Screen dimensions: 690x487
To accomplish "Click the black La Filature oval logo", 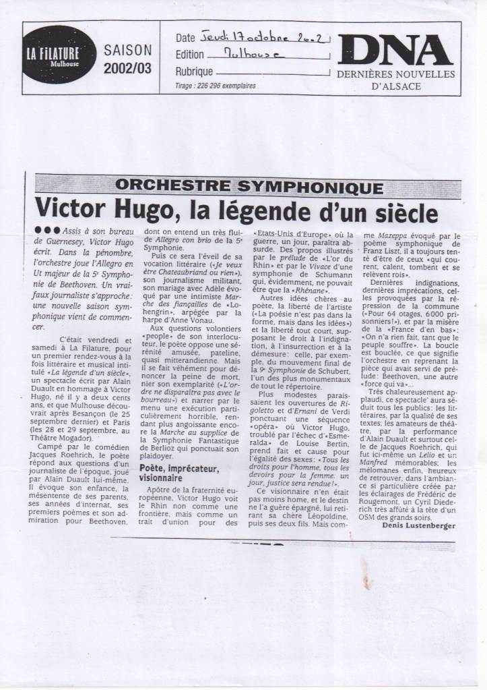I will [62, 55].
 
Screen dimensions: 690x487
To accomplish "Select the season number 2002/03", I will [128, 67].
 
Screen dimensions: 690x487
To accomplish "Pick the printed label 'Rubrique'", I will [194, 71].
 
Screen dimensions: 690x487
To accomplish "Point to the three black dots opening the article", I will [46, 231].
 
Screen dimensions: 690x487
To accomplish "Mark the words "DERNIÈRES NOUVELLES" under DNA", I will [395, 74].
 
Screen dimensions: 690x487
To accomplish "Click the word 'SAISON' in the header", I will [128, 50].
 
